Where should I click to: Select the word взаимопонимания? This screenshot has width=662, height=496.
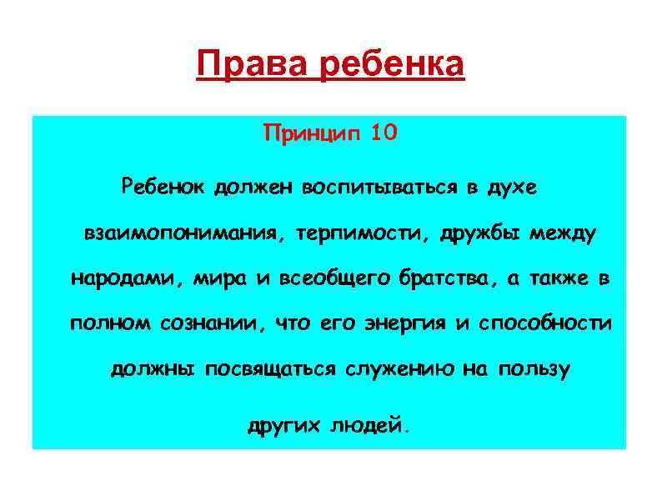pyautogui.click(x=181, y=233)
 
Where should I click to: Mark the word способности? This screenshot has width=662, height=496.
pyautogui.click(x=545, y=323)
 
